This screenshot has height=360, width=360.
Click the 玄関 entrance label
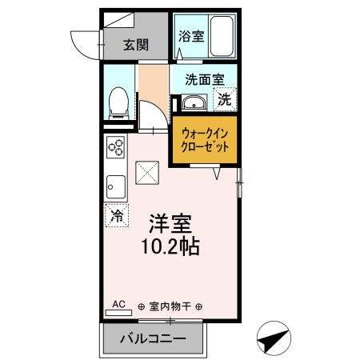pyautogui.click(x=135, y=45)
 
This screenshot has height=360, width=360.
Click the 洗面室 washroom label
pyautogui.click(x=204, y=79)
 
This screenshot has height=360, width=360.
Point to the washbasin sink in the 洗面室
pyautogui.click(x=194, y=103)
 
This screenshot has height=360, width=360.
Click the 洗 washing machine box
pyautogui.click(x=226, y=100)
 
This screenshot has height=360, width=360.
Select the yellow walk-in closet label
pyautogui.click(x=206, y=141)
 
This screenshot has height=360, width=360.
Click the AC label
pyautogui.click(x=118, y=304)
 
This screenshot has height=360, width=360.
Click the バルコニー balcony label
pyautogui.click(x=153, y=339)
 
